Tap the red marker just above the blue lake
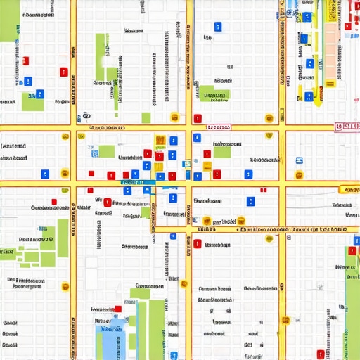click(x=117, y=308)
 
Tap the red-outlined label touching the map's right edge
click(x=347, y=127)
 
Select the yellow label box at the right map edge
click(x=349, y=189)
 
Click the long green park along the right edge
click(x=351, y=302)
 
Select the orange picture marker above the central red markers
click(x=160, y=140)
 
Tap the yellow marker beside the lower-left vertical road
click(x=65, y=286)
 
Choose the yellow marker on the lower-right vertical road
click(x=285, y=320)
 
